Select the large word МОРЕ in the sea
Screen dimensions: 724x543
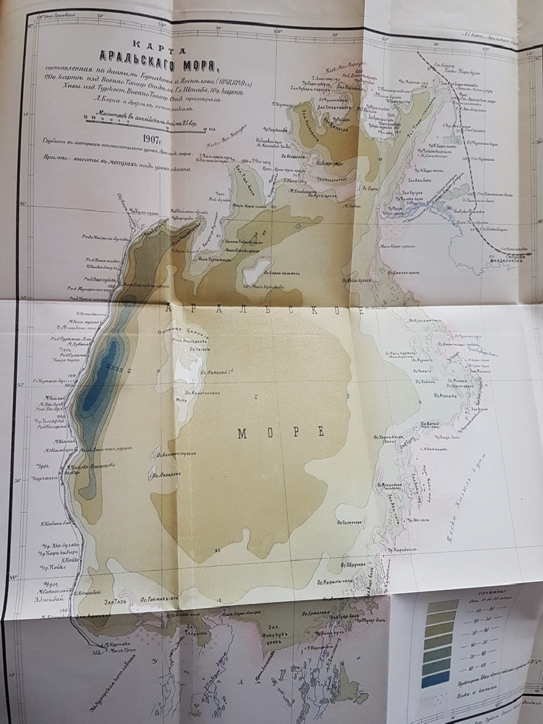(x=281, y=433)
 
